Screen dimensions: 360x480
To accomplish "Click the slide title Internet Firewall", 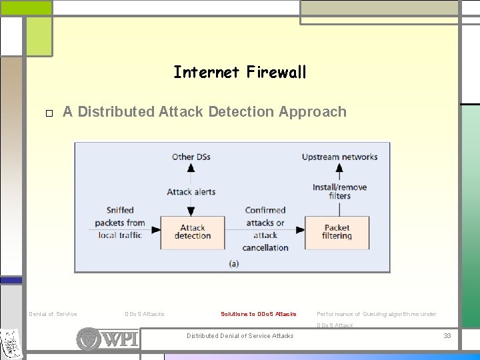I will (240, 72).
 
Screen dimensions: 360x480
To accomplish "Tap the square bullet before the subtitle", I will (49, 113).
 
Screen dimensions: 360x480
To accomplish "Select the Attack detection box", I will (192, 232).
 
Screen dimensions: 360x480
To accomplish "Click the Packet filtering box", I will (337, 232).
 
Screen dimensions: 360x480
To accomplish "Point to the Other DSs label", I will (191, 157).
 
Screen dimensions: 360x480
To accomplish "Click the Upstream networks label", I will (339, 157).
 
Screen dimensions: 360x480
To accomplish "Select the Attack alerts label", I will (191, 192).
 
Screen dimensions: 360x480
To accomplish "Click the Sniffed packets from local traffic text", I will (120, 223).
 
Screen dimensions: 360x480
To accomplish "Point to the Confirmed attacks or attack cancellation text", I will (265, 229).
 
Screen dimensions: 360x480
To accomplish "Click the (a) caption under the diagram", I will (233, 263).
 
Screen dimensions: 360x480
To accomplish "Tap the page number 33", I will (447, 335).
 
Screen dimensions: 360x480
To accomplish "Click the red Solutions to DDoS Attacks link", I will (259, 314).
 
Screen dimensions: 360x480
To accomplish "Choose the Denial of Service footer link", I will (53, 314).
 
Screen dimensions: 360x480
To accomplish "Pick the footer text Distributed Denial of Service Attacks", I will (240, 335).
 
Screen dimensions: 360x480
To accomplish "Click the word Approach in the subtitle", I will (313, 112).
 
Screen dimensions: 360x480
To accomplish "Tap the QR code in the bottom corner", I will (11, 344).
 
